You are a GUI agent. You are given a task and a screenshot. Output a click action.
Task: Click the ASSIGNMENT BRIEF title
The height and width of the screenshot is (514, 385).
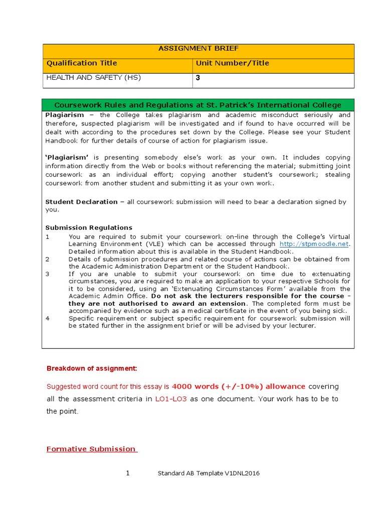[199, 49]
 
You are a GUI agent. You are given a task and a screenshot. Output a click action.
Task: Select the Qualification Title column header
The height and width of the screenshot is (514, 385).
[82, 63]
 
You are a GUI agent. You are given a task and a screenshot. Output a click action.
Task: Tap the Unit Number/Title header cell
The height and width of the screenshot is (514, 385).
[232, 63]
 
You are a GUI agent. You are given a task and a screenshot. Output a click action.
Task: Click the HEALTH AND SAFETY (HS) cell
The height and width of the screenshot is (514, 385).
[94, 78]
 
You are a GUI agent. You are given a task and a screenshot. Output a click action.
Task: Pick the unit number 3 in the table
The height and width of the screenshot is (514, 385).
[198, 78]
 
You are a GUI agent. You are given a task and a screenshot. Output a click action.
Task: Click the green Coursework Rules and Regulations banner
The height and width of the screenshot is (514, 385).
[198, 105]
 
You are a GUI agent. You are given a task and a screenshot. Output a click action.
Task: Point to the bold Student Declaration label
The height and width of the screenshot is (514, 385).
[81, 202]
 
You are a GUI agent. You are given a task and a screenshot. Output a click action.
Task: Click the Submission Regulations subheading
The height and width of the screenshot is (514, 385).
[89, 227]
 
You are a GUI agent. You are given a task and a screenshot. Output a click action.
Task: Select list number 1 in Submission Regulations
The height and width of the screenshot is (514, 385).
[48, 237]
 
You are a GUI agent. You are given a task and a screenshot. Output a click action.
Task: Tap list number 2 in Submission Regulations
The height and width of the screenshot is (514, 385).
[48, 259]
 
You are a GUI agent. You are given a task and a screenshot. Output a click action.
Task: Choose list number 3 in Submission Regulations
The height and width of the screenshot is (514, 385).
[48, 274]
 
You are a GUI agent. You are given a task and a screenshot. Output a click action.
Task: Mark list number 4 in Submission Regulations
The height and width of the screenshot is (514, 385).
[48, 318]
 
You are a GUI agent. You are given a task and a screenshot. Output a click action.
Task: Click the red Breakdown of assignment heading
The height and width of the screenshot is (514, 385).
[91, 368]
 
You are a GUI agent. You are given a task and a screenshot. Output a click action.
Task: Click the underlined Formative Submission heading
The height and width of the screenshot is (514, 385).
[92, 449]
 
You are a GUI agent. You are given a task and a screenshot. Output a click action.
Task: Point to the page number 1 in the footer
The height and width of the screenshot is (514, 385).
[128, 473]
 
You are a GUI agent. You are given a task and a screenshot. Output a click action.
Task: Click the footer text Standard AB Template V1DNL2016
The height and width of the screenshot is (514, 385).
[209, 473]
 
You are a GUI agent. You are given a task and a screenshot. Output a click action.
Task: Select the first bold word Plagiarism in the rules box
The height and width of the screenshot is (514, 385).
[65, 114]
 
